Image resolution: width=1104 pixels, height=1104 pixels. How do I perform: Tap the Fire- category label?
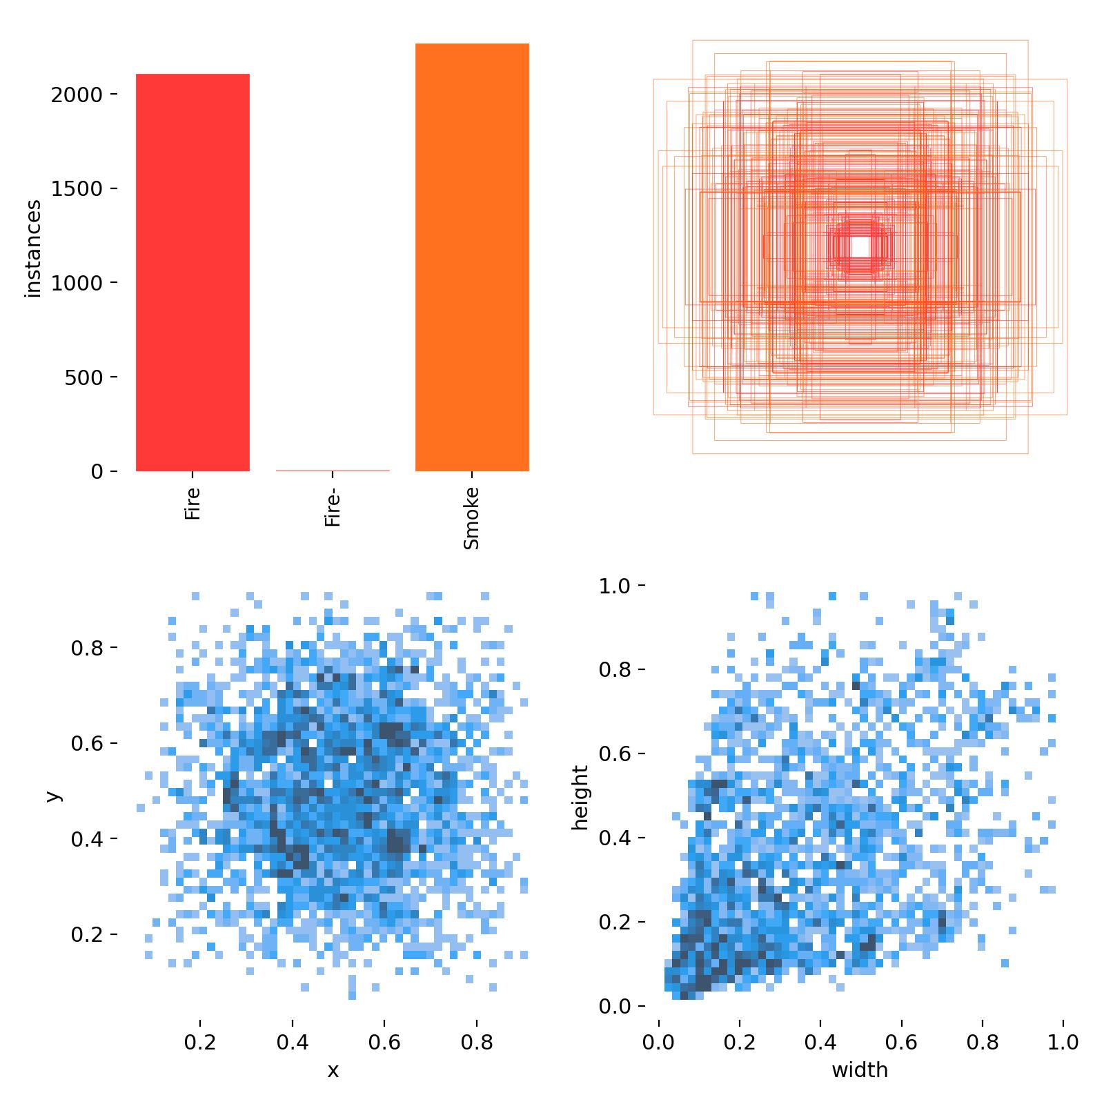[x=333, y=507]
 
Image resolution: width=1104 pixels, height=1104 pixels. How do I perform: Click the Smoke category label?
[x=471, y=518]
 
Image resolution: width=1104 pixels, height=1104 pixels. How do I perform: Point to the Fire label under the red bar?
[x=193, y=504]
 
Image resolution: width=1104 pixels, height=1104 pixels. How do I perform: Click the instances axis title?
[x=33, y=248]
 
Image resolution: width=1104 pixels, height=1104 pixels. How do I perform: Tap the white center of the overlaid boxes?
[x=860, y=246]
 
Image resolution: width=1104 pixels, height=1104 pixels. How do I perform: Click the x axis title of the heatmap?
[x=333, y=1070]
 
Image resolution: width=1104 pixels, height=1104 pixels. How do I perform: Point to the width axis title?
[x=860, y=1070]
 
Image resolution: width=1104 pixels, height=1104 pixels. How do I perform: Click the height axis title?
[x=580, y=797]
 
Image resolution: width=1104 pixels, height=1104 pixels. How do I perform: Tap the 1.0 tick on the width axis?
[x=1063, y=1042]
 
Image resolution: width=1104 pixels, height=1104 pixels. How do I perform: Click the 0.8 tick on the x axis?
[x=477, y=1042]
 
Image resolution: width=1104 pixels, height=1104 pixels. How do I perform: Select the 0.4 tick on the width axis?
[x=820, y=1042]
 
